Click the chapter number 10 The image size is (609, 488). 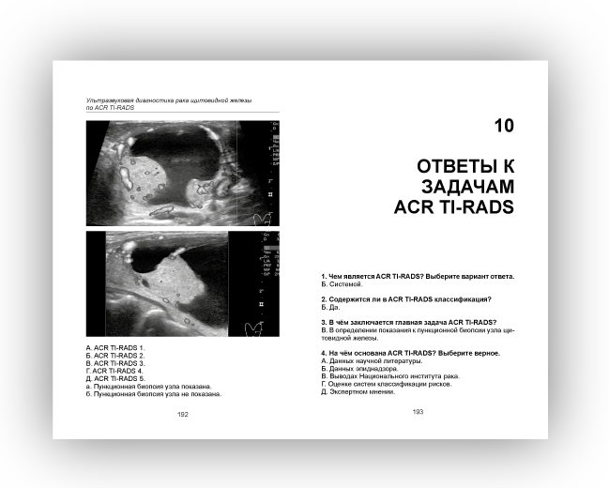[504, 126]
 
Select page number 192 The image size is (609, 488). [182, 414]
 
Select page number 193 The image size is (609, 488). [418, 412]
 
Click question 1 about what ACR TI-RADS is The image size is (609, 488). [418, 277]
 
